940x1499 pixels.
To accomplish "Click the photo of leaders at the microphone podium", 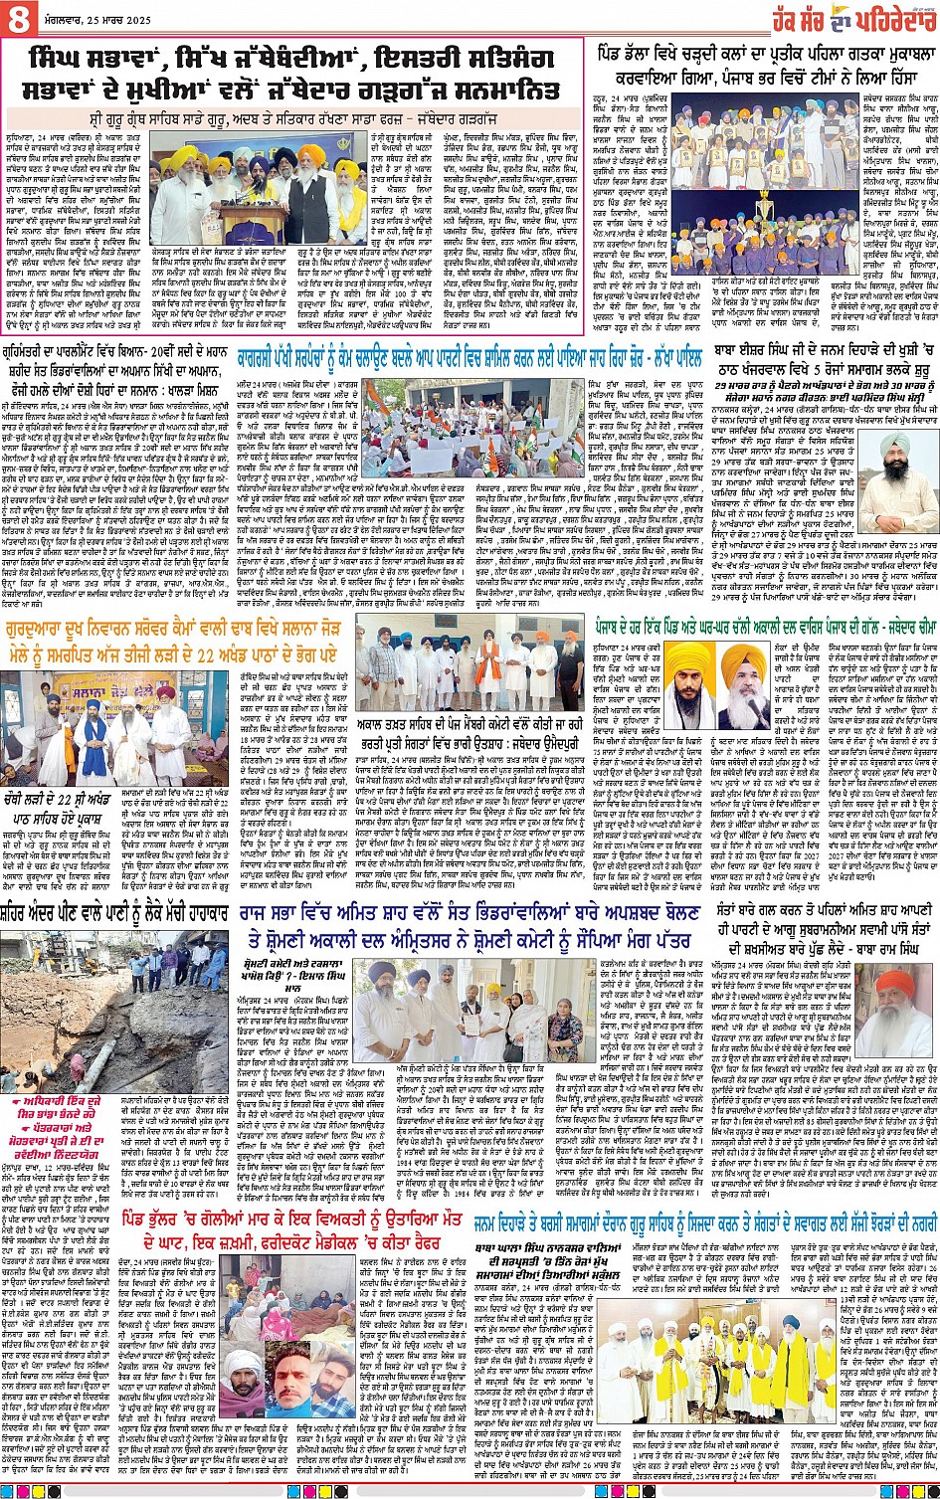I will [x=259, y=195].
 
